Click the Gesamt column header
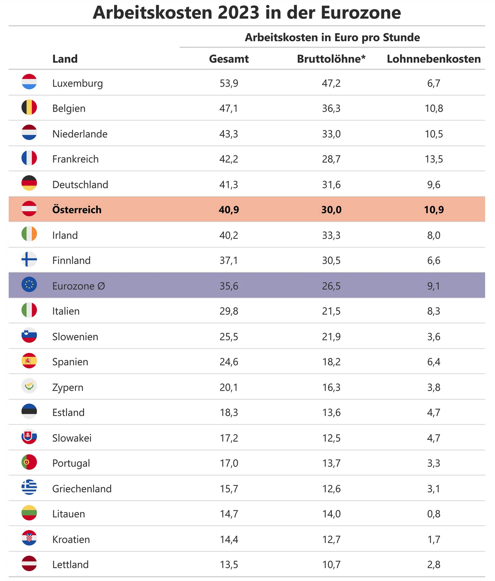click(229, 59)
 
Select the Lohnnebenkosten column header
click(433, 59)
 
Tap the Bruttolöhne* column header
click(331, 59)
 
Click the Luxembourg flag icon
click(29, 82)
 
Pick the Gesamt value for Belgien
click(229, 109)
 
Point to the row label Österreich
click(77, 210)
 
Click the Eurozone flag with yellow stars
click(29, 285)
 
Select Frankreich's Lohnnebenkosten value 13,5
click(433, 159)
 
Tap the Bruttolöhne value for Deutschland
click(331, 185)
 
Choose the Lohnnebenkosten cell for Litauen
click(433, 514)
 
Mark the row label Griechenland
click(82, 489)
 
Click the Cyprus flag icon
click(29, 386)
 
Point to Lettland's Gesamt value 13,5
click(229, 565)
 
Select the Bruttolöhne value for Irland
click(331, 235)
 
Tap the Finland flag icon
click(29, 260)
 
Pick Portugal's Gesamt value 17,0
click(229, 463)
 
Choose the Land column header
click(65, 59)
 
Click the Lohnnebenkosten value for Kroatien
click(433, 539)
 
